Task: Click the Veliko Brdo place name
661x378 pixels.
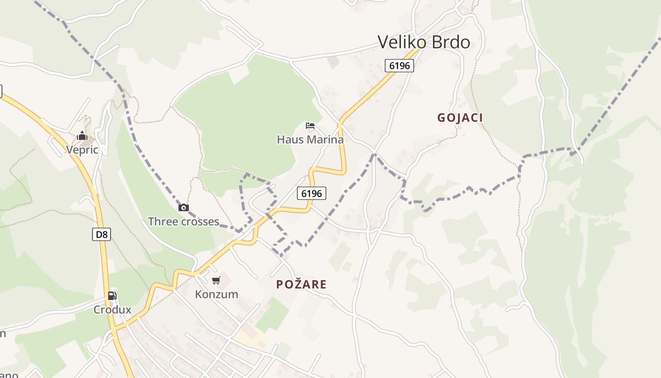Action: click(x=424, y=43)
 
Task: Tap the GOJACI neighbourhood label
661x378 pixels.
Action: click(x=460, y=118)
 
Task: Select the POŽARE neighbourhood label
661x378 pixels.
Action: click(x=301, y=284)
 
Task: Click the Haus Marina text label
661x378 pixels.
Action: click(x=310, y=139)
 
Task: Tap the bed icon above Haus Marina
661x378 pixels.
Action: click(x=310, y=126)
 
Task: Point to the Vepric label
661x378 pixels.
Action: click(x=82, y=150)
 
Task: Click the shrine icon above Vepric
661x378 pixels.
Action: click(x=82, y=136)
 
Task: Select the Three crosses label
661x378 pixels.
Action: click(x=184, y=221)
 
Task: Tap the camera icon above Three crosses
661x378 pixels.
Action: click(x=184, y=207)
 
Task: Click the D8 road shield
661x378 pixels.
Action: click(x=102, y=234)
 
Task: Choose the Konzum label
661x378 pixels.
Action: click(x=217, y=294)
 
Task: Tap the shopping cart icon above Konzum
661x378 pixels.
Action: click(x=216, y=281)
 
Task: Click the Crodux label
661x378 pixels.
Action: click(x=112, y=310)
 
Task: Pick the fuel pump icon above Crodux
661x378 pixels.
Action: click(x=112, y=296)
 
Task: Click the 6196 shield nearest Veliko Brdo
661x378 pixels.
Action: click(x=399, y=66)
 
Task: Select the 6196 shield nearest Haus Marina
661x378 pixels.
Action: click(x=312, y=193)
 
